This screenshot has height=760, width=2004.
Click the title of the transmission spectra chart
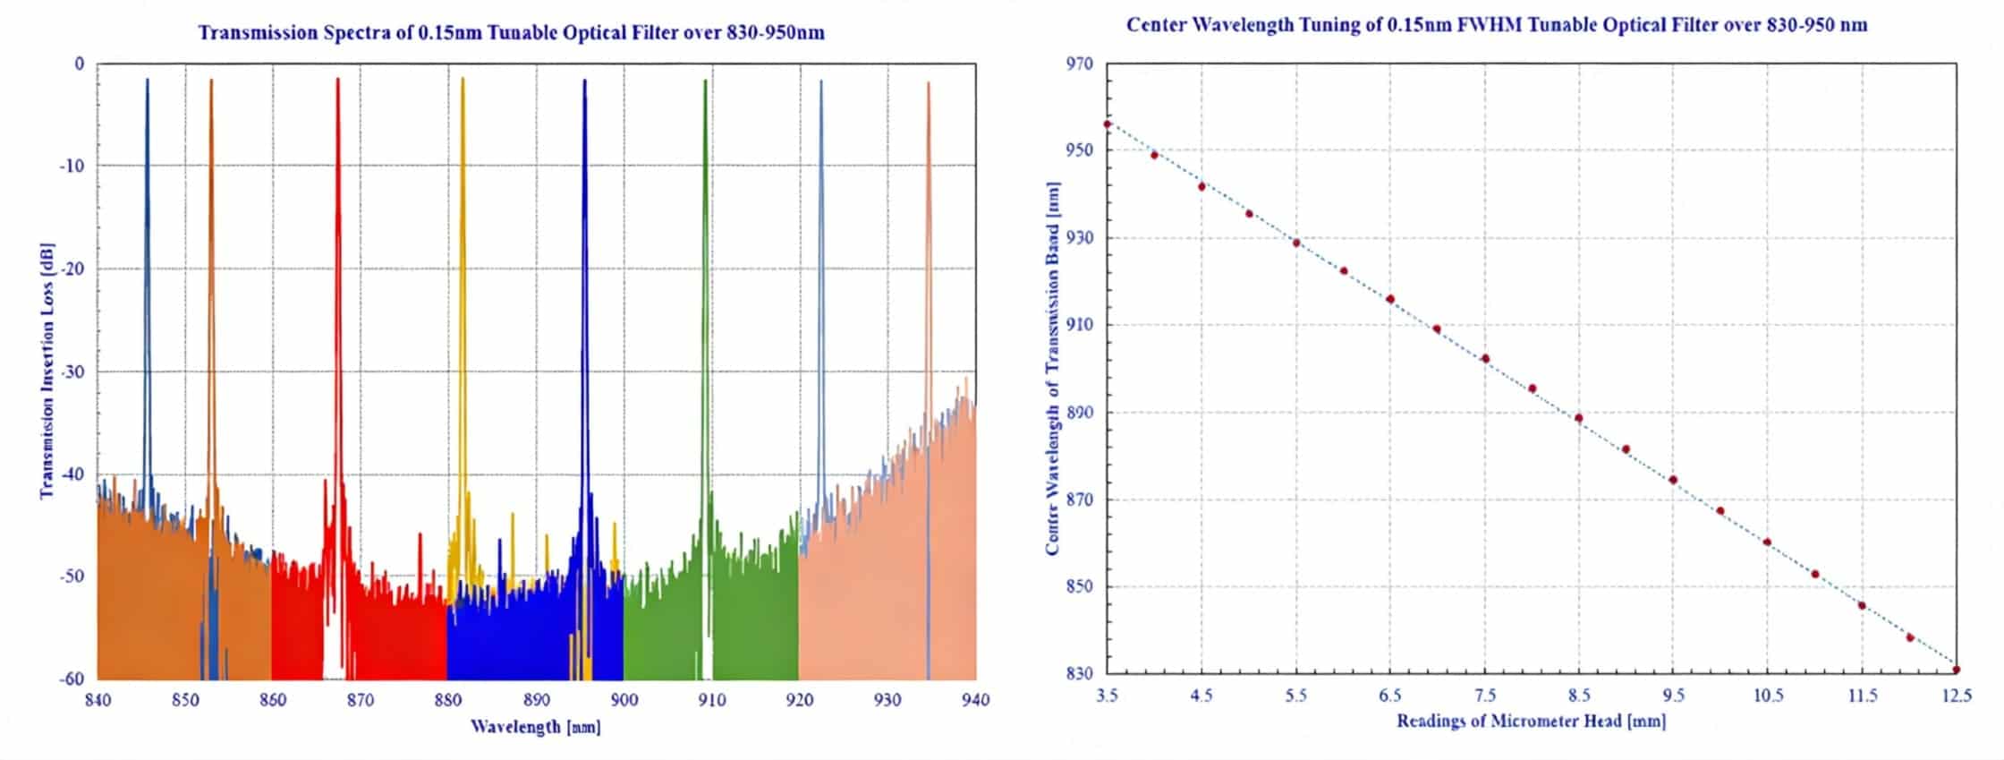pos(511,33)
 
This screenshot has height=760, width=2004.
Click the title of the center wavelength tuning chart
pos(1496,25)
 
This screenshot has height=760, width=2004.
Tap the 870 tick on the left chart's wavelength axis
pos(360,700)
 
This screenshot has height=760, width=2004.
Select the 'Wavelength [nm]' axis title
pos(536,727)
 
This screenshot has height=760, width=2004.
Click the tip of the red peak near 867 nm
pos(337,80)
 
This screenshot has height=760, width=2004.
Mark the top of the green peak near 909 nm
pos(705,81)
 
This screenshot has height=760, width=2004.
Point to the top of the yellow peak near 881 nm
pos(463,80)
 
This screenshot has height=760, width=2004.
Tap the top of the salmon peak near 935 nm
pos(929,83)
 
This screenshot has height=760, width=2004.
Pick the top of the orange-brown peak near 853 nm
pos(211,81)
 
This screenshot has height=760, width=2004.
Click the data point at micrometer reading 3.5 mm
pos(1108,124)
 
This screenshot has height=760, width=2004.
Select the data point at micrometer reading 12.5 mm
pos(1957,670)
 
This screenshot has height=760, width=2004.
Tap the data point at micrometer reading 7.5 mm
pos(1485,359)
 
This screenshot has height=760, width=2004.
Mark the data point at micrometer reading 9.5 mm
pos(1673,480)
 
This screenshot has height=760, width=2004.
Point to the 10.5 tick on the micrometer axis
pos(1767,696)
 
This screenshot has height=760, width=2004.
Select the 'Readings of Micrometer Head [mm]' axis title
pos(1531,722)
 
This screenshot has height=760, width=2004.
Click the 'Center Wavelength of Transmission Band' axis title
pos(1053,368)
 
